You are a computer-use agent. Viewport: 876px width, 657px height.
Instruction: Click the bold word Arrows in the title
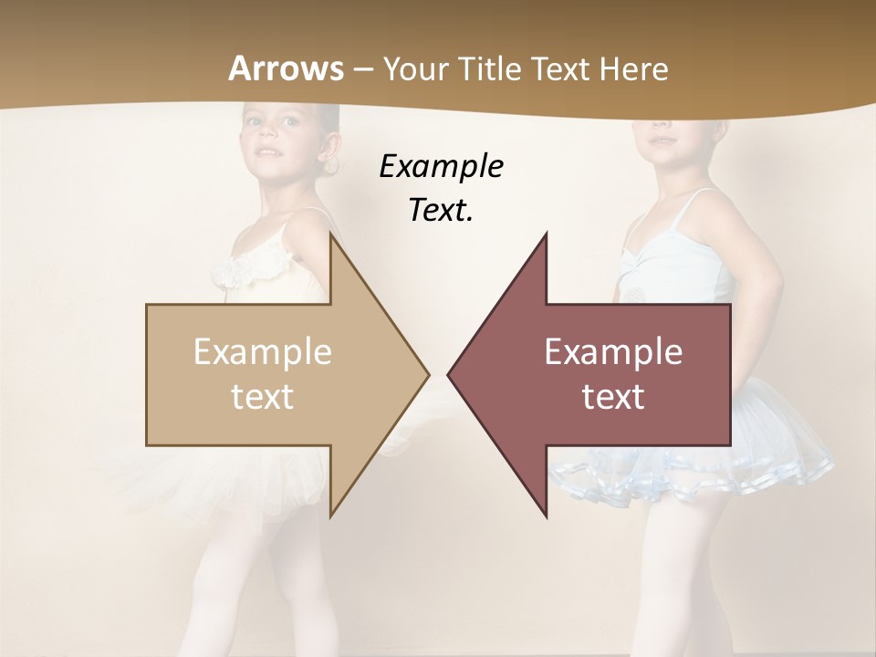[287, 68]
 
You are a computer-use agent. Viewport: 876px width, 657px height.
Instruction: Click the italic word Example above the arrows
[441, 167]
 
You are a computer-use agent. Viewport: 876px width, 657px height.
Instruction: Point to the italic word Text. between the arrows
[441, 211]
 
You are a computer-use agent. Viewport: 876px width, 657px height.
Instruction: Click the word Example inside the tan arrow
[263, 352]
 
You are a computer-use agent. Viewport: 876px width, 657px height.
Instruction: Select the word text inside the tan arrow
[263, 397]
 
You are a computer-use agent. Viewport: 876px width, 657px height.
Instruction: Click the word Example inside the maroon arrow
[613, 352]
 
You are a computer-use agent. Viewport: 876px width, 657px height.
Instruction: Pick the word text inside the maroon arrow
[613, 397]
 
